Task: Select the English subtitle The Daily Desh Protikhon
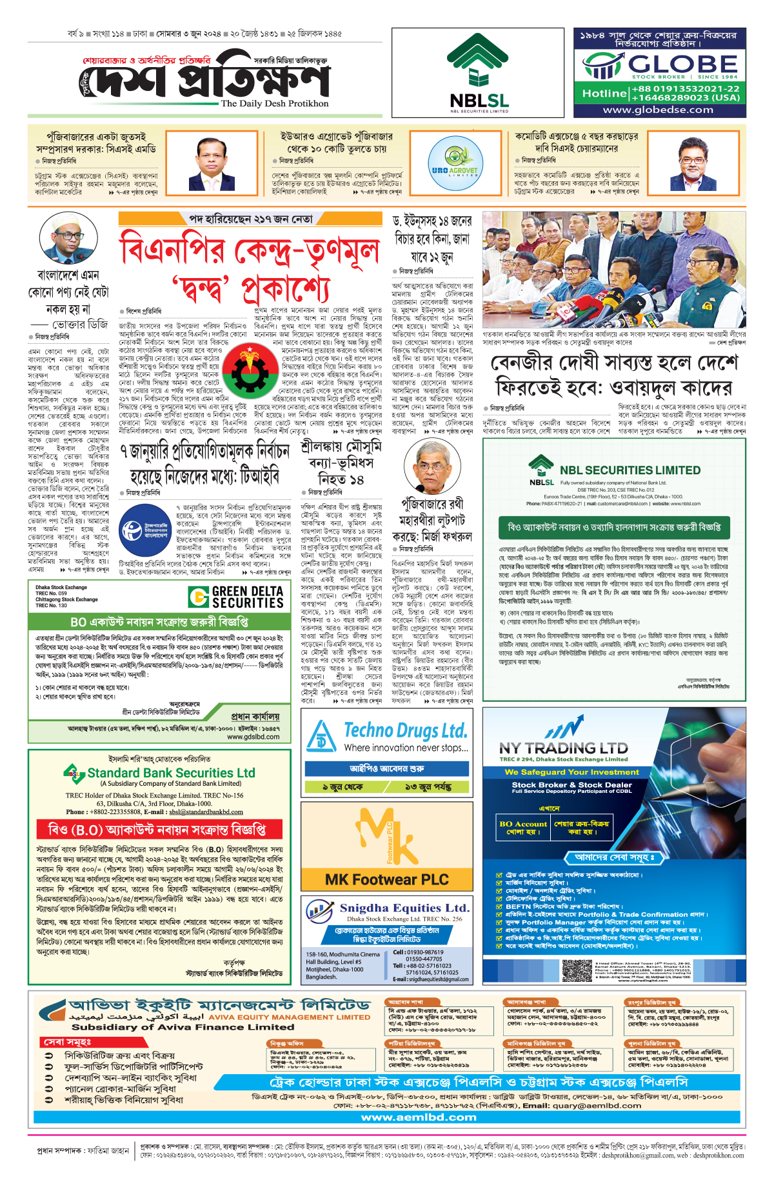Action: [274, 103]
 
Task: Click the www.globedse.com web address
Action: [658, 110]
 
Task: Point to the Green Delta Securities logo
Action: [236, 597]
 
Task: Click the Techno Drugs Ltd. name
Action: [405, 731]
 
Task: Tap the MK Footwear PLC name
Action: [386, 879]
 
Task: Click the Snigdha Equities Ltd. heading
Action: [404, 908]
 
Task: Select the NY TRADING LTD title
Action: [563, 748]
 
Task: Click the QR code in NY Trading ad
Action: [577, 971]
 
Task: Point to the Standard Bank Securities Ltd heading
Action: [171, 773]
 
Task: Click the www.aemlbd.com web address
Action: [419, 1117]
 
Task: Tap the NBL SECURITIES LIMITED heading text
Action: [630, 470]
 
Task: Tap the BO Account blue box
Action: [523, 828]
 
